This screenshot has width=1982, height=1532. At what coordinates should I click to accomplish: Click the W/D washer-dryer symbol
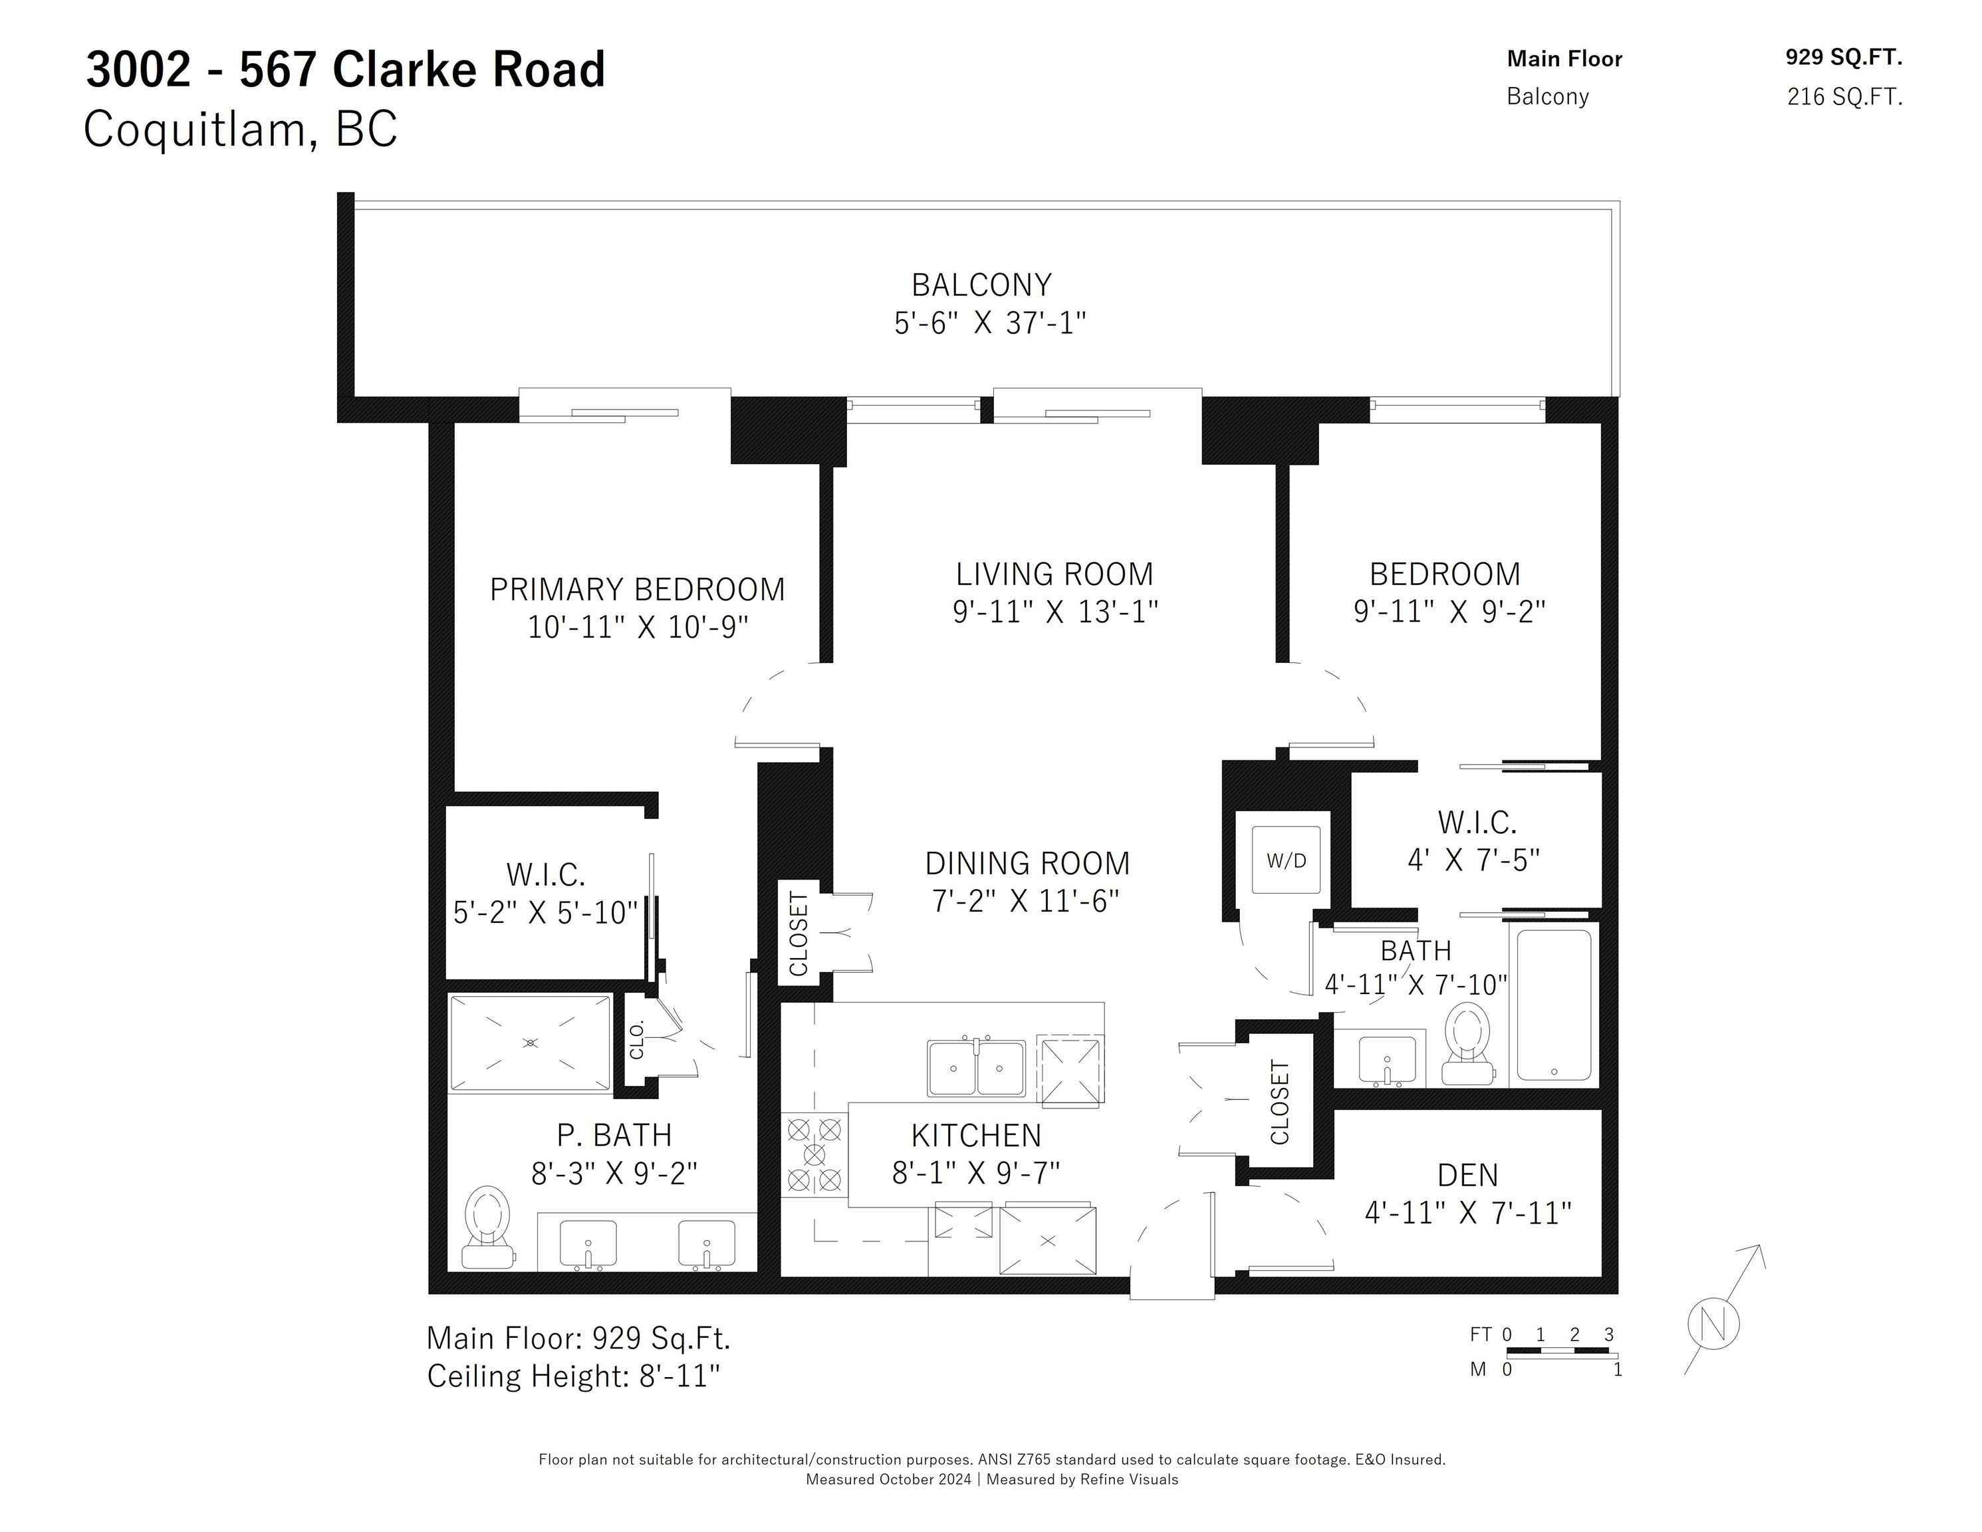click(1286, 860)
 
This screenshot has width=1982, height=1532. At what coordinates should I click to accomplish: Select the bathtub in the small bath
click(1554, 1005)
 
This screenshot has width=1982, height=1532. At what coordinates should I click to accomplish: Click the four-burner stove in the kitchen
click(814, 1154)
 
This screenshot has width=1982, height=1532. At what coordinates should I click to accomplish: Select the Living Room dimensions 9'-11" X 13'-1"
click(1054, 612)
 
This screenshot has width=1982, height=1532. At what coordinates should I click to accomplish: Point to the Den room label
click(1467, 1176)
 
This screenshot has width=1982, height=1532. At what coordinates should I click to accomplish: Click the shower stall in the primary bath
click(531, 1043)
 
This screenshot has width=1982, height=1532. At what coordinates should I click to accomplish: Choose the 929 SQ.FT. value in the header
click(1843, 57)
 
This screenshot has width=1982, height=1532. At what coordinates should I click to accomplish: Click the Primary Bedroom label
click(637, 589)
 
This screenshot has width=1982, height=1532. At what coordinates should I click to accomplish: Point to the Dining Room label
click(1027, 863)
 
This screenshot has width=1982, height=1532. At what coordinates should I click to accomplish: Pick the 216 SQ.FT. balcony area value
click(1844, 96)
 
